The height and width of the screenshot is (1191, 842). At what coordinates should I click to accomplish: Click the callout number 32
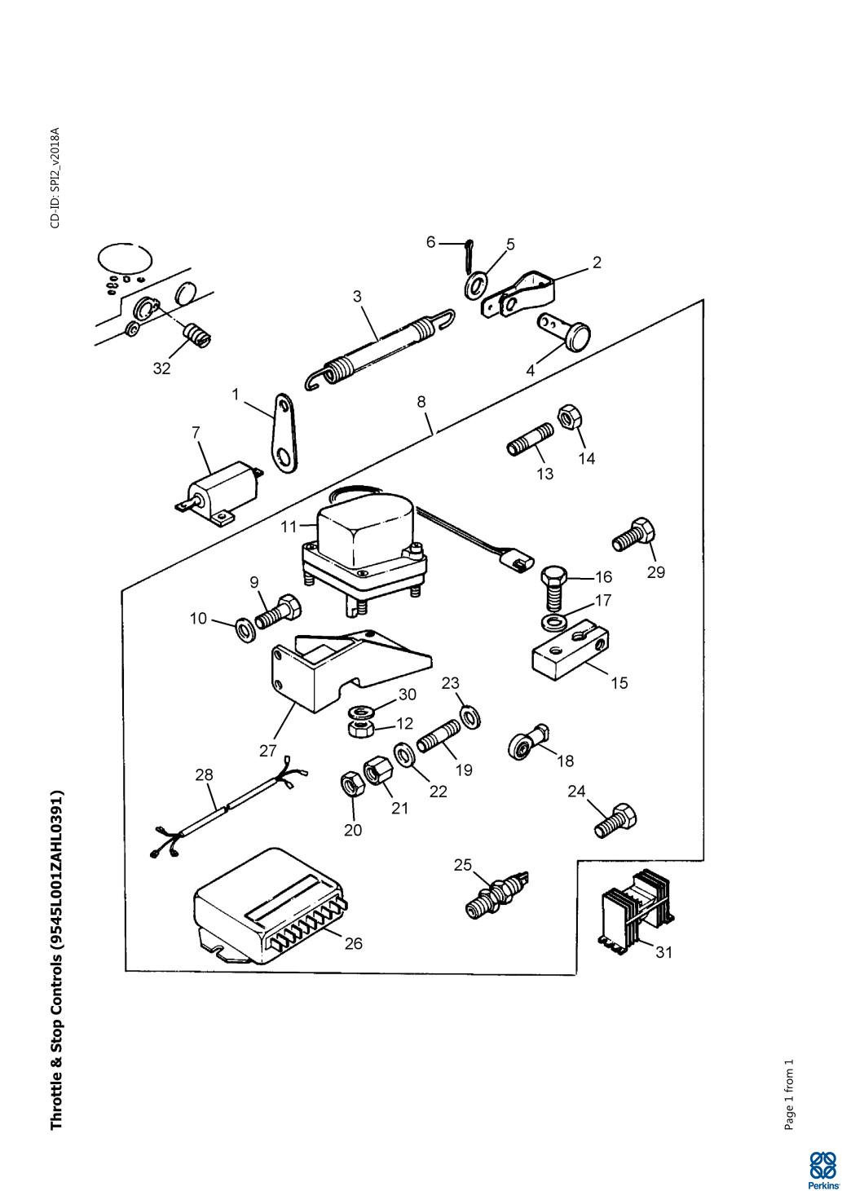click(161, 368)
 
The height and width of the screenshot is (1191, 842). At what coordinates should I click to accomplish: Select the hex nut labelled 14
click(569, 418)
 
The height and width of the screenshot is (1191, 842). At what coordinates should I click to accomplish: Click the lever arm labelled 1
click(285, 433)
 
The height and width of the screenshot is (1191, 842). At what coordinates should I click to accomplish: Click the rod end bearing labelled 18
click(528, 741)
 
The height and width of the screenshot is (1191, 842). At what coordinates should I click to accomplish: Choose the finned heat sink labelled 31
click(637, 910)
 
